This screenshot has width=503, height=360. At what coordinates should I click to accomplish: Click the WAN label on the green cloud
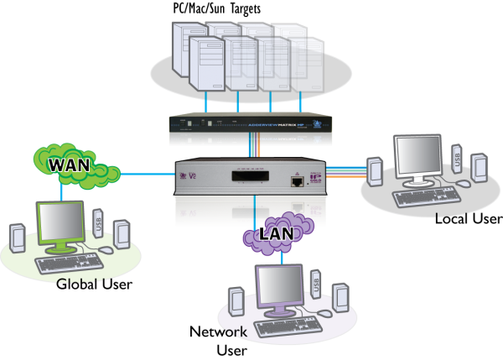[x=69, y=164]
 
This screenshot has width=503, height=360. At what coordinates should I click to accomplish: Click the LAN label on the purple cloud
[x=277, y=232]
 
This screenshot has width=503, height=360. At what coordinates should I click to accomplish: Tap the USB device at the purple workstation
[x=316, y=284]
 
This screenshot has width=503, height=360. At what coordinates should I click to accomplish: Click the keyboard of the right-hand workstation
[x=426, y=196]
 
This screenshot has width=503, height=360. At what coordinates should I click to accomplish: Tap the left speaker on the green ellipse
[x=18, y=237]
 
